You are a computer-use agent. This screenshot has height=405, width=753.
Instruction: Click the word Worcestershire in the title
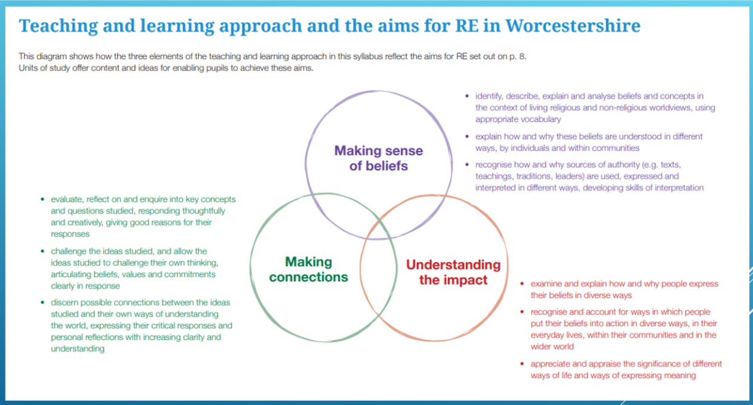tap(572, 26)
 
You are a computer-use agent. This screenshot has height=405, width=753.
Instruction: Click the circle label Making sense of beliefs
tap(379, 158)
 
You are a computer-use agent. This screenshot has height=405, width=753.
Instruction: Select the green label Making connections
tap(308, 270)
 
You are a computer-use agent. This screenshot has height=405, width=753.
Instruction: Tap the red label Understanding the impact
tap(453, 273)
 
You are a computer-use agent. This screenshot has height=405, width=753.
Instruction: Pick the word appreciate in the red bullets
tap(552, 364)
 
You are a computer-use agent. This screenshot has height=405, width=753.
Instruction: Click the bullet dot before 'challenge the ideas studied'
tap(42, 251)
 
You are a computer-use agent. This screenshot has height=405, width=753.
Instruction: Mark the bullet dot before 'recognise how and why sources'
tap(466, 164)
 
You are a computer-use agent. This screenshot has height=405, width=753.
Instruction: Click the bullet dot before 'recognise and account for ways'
tap(523, 312)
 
